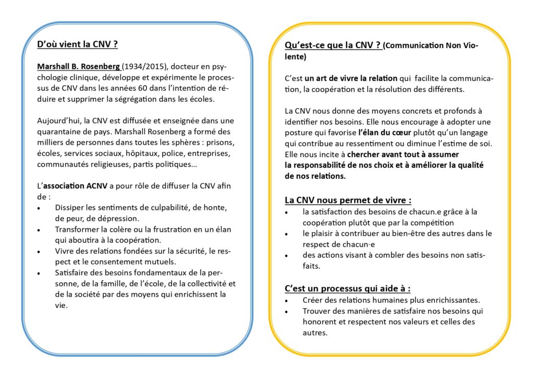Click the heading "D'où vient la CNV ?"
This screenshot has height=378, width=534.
77,44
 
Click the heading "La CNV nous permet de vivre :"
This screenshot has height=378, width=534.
348,200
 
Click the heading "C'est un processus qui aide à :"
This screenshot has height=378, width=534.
347,289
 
